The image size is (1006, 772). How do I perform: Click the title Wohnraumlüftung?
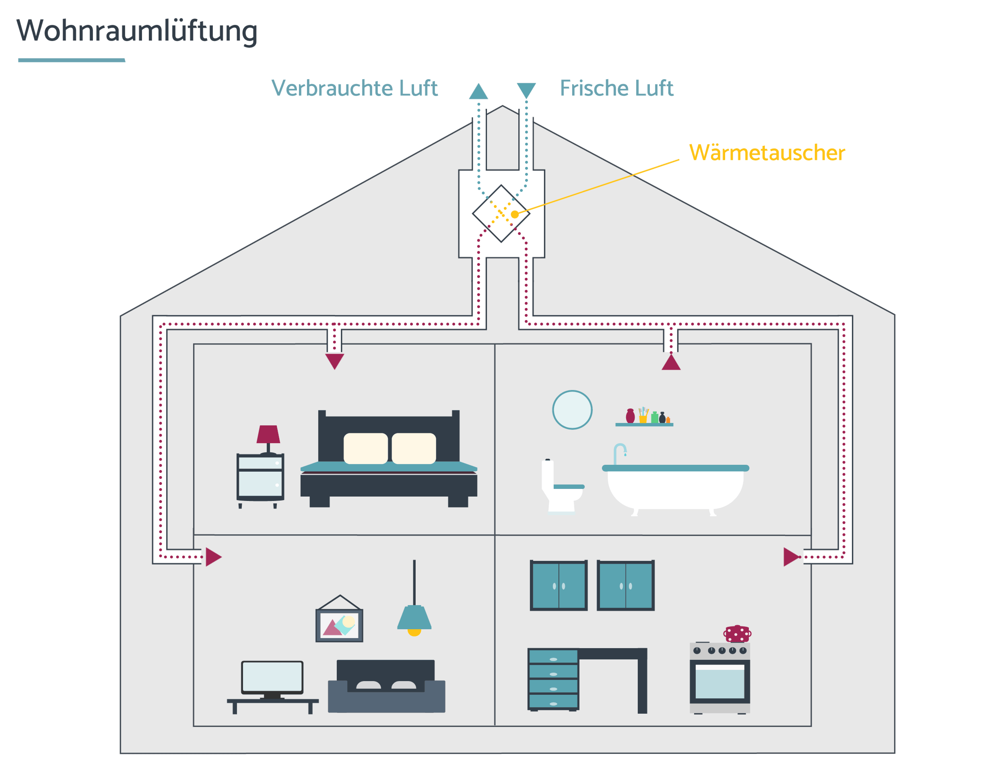pos(136,31)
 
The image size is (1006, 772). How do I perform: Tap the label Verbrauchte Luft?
pos(354,88)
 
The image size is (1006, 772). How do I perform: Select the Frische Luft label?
pos(616,88)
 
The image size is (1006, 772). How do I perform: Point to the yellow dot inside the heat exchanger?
pos(515,214)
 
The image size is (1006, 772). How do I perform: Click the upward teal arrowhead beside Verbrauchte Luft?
pos(478,91)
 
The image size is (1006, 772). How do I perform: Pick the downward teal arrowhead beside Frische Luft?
pos(526,91)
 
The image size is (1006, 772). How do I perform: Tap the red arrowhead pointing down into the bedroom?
pos(335,361)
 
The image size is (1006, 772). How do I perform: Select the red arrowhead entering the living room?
pos(214,557)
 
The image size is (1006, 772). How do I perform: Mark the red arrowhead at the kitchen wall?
pos(792,557)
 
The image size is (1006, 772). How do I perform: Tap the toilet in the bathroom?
pos(562,486)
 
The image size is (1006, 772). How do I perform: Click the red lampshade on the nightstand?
pos(268,434)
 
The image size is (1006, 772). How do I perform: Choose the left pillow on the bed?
pos(365,448)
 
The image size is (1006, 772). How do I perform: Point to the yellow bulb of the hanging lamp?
pos(414,633)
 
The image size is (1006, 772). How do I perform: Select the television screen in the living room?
pos(272,676)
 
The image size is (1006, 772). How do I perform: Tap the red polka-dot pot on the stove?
pos(737,634)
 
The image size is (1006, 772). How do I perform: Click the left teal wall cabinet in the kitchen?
pos(559,585)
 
